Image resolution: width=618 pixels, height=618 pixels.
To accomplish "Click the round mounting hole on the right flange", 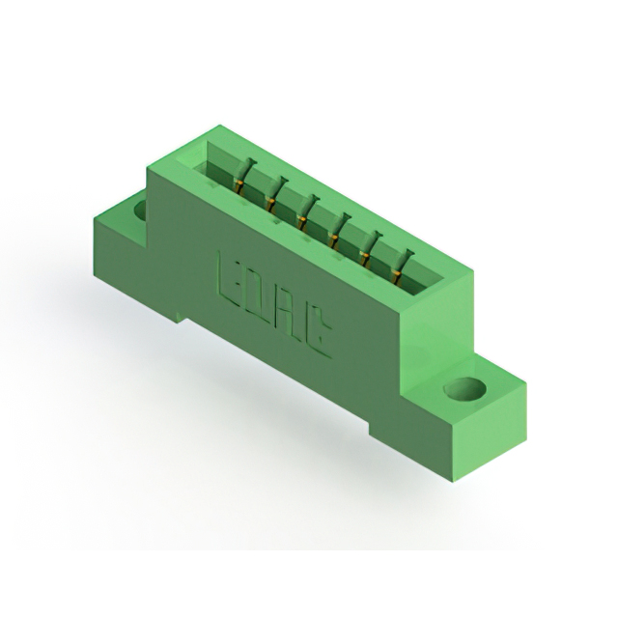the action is [x=464, y=389].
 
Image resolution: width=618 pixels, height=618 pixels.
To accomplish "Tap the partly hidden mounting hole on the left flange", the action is [x=141, y=210].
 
